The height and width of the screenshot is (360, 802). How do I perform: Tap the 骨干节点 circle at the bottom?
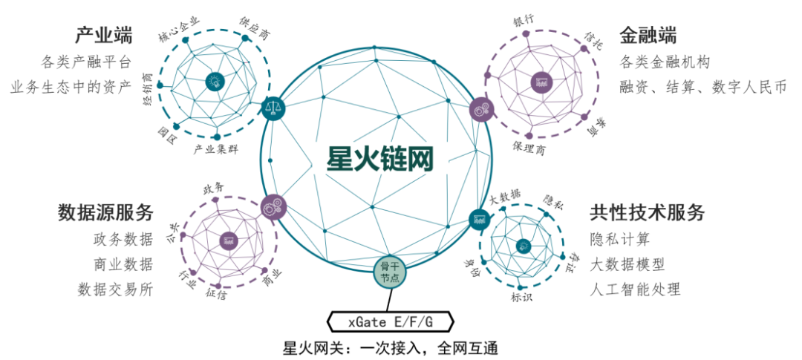click(x=390, y=271)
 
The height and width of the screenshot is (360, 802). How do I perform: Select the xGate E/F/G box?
click(x=391, y=321)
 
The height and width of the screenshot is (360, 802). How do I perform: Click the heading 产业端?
click(x=103, y=35)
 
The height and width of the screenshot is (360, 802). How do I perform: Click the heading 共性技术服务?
click(x=647, y=212)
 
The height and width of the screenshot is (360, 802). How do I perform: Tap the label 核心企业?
click(x=179, y=29)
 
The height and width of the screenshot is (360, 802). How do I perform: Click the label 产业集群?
click(x=216, y=150)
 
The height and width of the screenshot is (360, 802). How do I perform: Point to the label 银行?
click(x=523, y=21)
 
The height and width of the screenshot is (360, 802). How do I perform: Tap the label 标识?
click(x=521, y=298)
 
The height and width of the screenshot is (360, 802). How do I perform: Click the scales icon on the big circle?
click(x=273, y=108)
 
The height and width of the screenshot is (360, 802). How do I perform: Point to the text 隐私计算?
click(x=620, y=239)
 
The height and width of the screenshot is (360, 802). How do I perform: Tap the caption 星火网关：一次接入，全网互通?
click(x=390, y=347)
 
